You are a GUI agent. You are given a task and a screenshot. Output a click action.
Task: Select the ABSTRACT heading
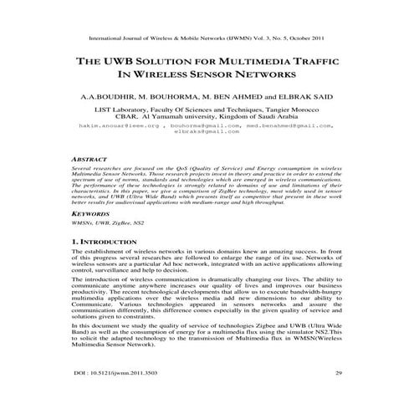(92, 158)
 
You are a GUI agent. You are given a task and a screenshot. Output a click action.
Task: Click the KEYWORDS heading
(94, 213)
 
